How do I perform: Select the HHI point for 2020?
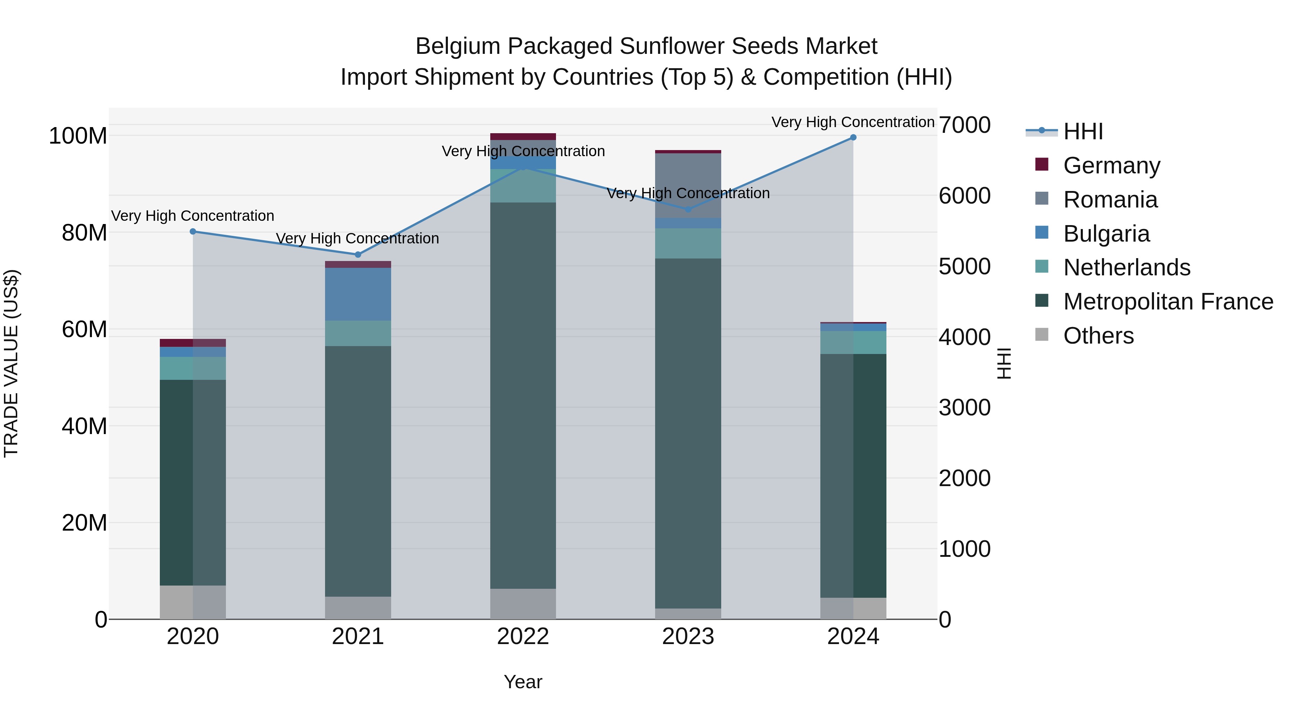[x=193, y=231]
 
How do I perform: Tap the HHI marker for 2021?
[x=358, y=255]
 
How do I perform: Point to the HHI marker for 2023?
[x=688, y=209]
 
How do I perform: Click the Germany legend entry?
[x=1111, y=166]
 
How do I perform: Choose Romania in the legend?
[x=1110, y=200]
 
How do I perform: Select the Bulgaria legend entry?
[x=1106, y=234]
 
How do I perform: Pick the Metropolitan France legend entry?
[x=1168, y=302]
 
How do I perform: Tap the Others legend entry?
[x=1098, y=336]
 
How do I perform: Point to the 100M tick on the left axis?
[x=78, y=136]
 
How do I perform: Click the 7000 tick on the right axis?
[x=965, y=125]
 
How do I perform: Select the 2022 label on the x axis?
[x=523, y=637]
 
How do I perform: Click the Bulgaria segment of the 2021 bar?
[x=358, y=294]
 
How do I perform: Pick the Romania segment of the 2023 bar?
[x=688, y=186]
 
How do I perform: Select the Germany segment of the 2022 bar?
[x=523, y=136]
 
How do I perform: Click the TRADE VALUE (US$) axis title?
[x=11, y=363]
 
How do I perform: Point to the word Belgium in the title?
[x=458, y=46]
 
